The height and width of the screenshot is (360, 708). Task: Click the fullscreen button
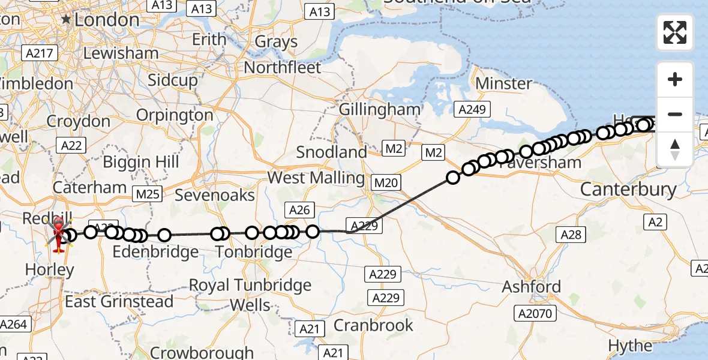(675, 32)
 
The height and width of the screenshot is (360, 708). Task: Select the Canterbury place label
(628, 190)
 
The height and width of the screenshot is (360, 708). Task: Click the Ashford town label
(532, 286)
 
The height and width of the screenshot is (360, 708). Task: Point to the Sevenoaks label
(215, 195)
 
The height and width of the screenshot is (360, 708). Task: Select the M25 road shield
(146, 193)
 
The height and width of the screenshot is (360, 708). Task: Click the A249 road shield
(472, 109)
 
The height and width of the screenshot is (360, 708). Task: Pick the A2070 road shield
(535, 313)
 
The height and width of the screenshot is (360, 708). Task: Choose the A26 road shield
(299, 209)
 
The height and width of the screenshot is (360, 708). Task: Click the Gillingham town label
(380, 110)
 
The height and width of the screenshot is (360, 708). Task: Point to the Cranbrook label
(373, 325)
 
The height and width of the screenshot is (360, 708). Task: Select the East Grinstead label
(119, 301)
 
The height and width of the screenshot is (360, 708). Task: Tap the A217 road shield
(41, 53)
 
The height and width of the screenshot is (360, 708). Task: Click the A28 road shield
(571, 234)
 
